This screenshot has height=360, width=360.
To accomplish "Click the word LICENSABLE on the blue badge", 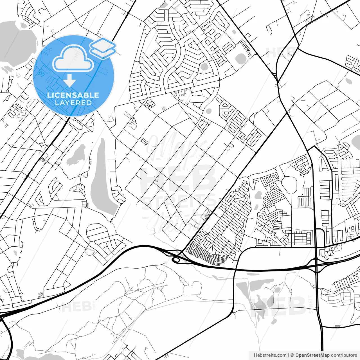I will (73, 95).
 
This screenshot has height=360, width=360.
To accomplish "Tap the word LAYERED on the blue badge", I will (73, 103).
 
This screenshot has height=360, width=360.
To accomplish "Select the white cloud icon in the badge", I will (73, 58).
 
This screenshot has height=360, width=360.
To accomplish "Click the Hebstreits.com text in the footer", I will (270, 355).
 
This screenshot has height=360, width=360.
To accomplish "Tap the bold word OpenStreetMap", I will (312, 355).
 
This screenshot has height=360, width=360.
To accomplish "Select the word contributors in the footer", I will (344, 355).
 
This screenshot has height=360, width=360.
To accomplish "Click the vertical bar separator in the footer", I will (289, 355).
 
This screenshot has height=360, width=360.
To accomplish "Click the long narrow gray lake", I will (103, 180).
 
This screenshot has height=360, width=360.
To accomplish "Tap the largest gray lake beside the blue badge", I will (17, 42).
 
